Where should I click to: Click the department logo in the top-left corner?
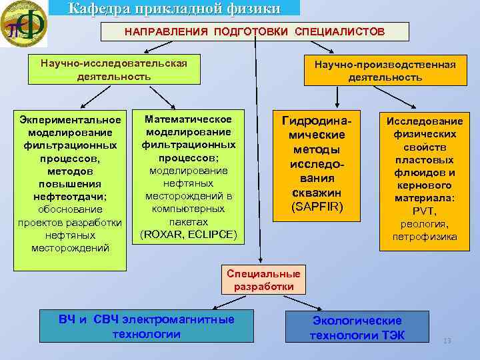(x=23, y=23)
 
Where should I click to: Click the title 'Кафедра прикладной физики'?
(x=175, y=8)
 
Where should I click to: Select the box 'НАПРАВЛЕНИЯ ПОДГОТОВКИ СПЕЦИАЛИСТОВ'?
(x=243, y=32)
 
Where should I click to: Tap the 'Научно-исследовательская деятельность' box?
(x=114, y=70)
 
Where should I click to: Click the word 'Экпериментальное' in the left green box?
(x=71, y=120)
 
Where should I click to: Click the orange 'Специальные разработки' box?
(x=263, y=280)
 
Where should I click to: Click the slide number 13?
(x=447, y=341)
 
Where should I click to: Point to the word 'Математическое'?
(x=189, y=119)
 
